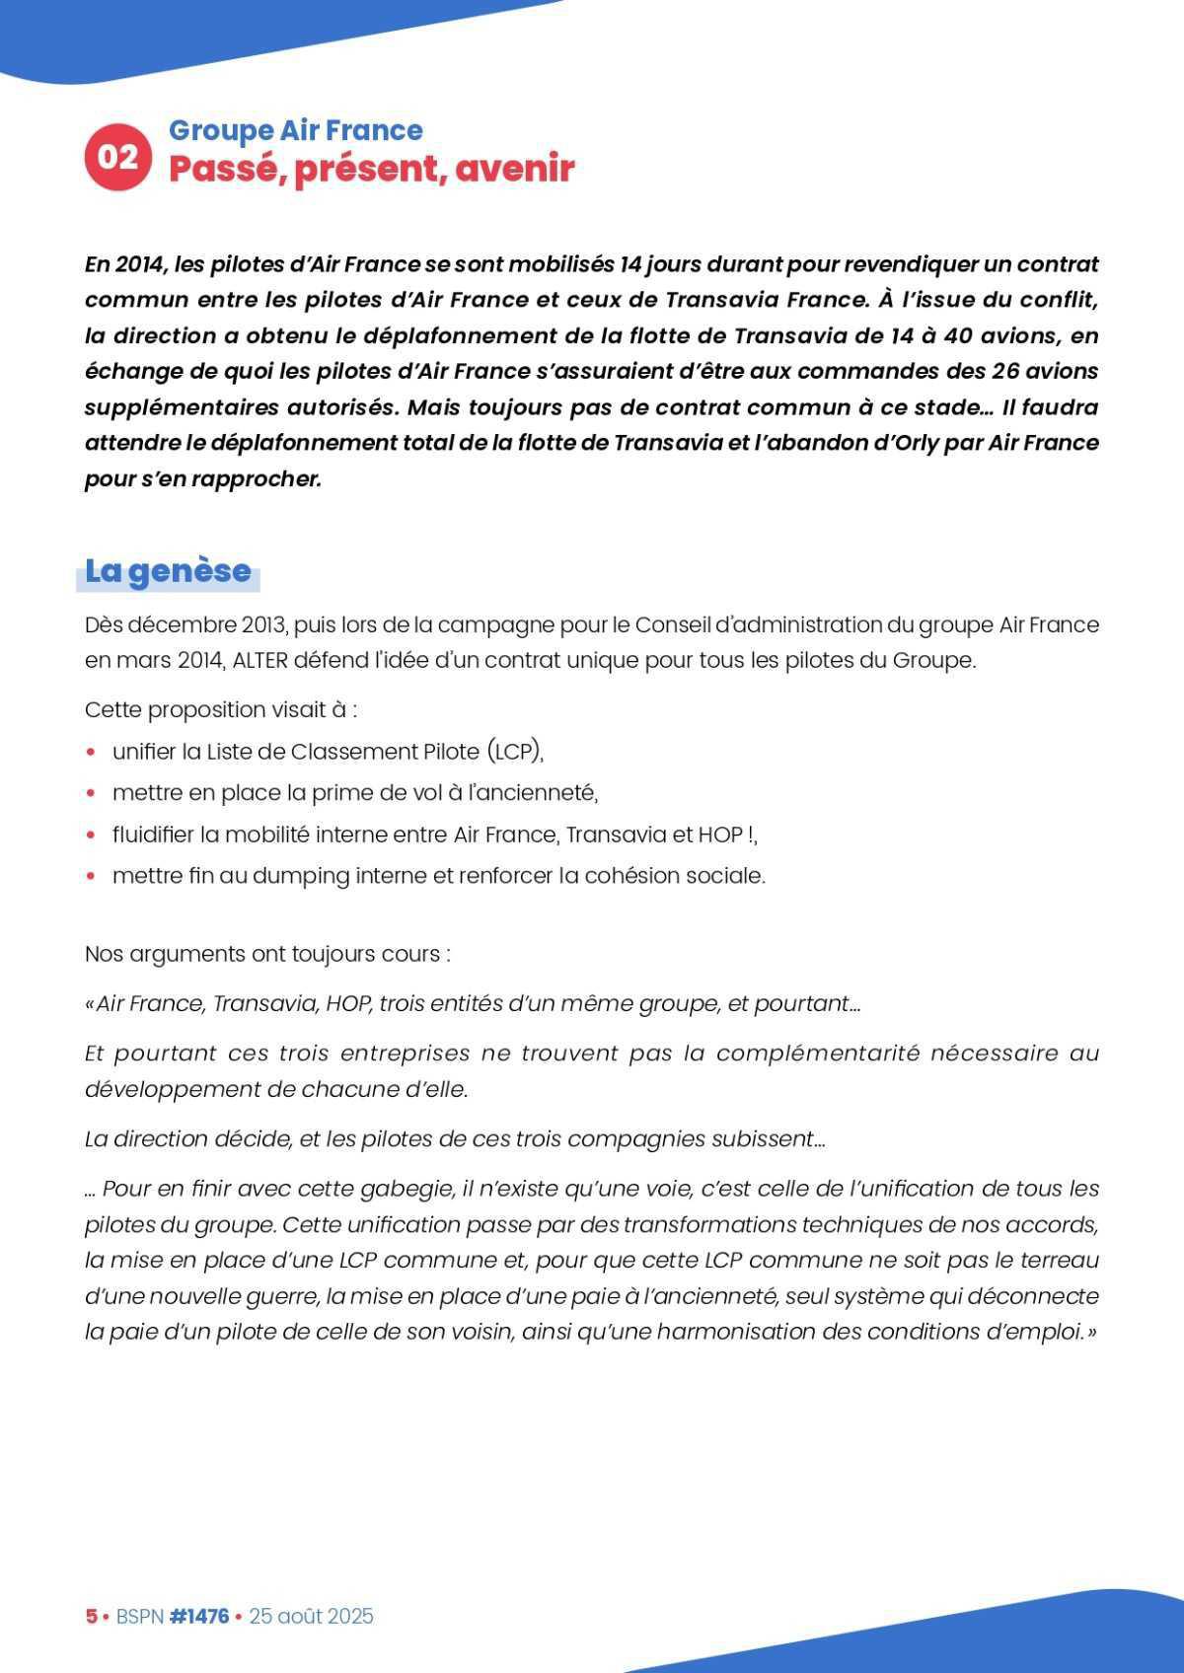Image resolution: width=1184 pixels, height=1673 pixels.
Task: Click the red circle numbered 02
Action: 117,157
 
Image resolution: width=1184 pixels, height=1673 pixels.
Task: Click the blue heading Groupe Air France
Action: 295,130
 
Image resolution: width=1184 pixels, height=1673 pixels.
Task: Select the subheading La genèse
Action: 168,571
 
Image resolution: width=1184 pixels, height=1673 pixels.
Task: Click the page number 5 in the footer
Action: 91,1616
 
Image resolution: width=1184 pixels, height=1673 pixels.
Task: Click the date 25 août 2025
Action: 311,1616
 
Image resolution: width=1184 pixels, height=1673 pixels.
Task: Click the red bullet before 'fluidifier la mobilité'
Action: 92,835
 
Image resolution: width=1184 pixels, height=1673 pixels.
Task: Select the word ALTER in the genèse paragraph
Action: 259,660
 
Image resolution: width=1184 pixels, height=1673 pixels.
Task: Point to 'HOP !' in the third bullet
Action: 726,835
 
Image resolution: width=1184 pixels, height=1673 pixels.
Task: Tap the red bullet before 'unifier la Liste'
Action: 92,752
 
